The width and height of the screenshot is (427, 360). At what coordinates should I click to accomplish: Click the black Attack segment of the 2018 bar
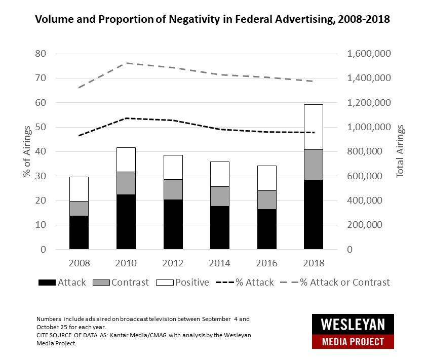313,215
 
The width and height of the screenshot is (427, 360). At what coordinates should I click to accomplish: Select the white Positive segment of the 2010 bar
126,159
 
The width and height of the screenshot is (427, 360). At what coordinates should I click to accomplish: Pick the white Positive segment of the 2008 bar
79,189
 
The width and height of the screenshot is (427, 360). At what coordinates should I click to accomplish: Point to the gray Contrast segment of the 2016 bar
266,200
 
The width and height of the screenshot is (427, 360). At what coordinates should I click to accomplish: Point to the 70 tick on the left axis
40,78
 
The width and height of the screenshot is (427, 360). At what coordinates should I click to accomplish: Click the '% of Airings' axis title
26,152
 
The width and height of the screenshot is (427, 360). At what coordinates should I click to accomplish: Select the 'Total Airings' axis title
400,152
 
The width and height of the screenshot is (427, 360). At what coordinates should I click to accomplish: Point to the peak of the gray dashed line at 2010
126,63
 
